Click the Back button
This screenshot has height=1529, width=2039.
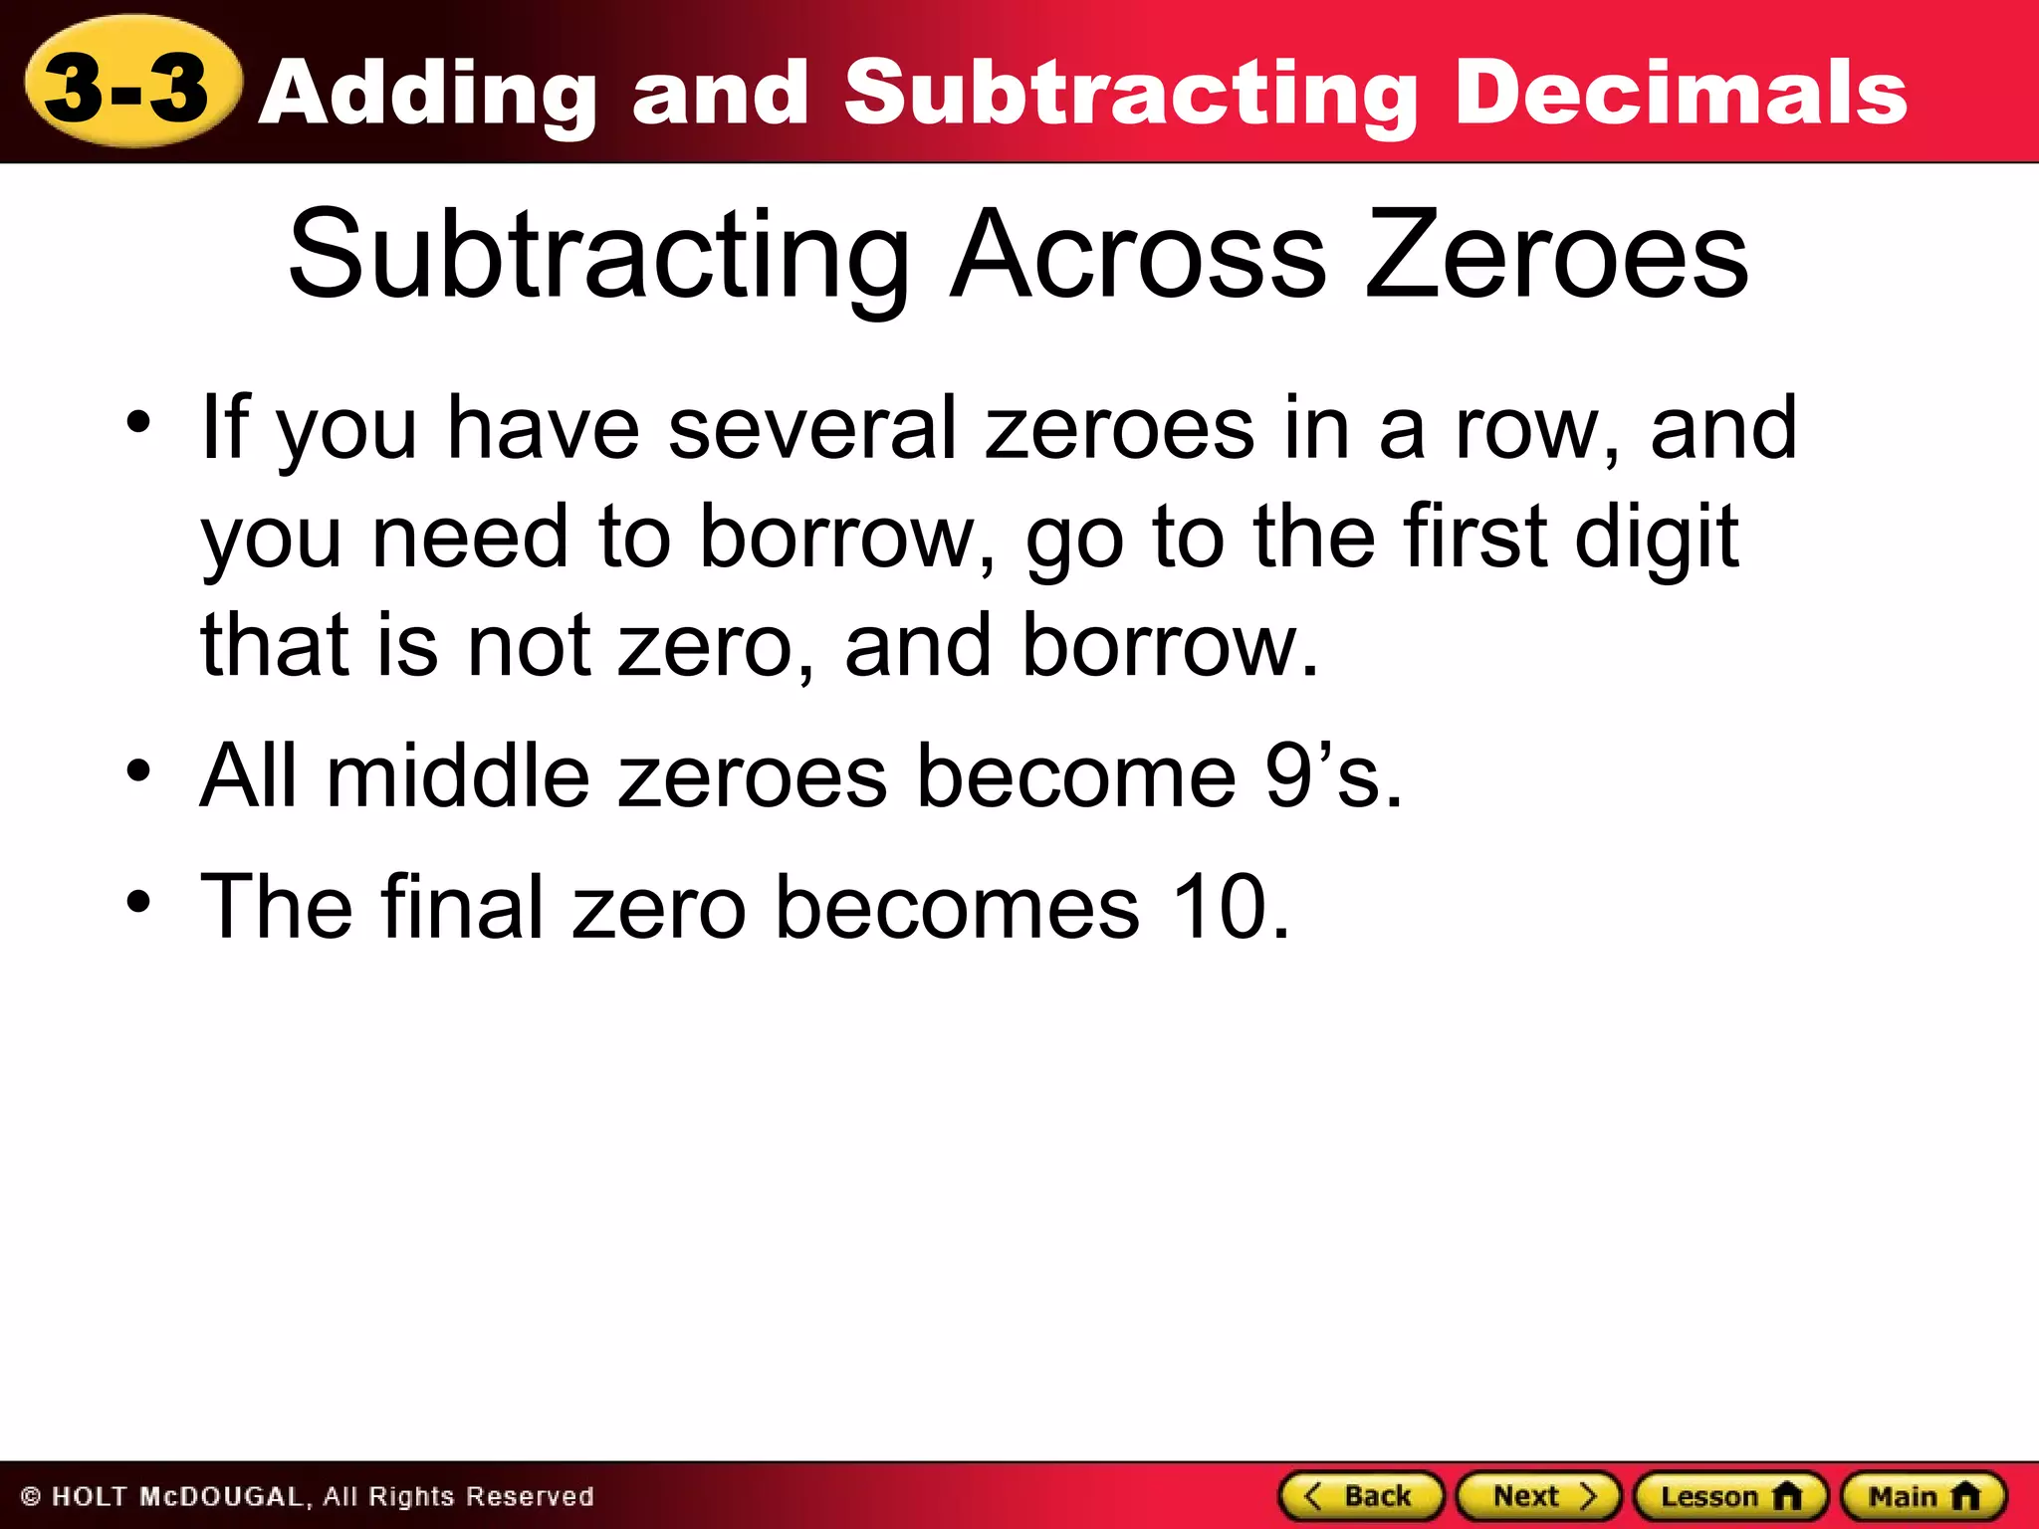[x=1361, y=1496]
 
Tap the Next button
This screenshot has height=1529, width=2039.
[x=1539, y=1496]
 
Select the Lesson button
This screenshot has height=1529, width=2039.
[x=1730, y=1496]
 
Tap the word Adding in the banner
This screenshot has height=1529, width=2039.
[x=432, y=96]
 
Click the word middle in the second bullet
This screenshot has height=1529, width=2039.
[x=457, y=776]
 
